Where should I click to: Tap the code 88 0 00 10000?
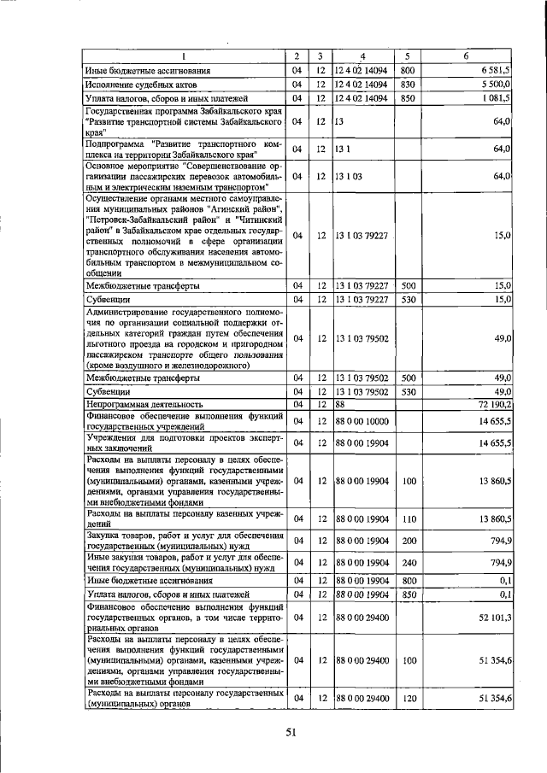tap(362, 420)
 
